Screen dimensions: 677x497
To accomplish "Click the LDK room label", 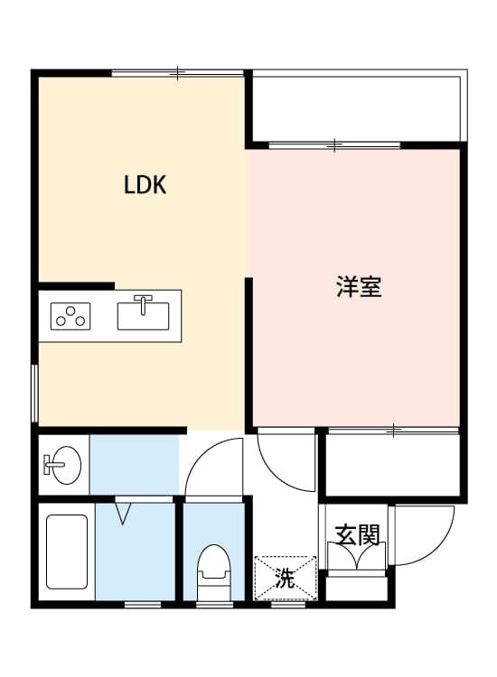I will (145, 186).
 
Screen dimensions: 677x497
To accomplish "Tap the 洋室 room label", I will (359, 287).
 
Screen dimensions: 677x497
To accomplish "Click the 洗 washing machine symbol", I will (286, 579).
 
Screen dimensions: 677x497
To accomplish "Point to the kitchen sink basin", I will (144, 317).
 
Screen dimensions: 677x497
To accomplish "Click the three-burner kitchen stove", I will (70, 317).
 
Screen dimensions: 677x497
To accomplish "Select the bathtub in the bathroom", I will (66, 556).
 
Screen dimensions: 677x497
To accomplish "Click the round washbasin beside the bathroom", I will (63, 466).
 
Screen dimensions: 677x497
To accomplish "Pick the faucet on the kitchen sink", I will (144, 301).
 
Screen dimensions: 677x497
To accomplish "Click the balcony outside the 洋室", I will (357, 106).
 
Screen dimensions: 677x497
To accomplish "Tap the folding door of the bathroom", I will (123, 512).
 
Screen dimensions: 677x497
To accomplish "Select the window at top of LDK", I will (178, 71).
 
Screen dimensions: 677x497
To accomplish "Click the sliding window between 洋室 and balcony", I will (335, 144).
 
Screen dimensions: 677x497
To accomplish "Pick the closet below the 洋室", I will (392, 464).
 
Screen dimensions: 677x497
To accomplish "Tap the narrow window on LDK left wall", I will (34, 393).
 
